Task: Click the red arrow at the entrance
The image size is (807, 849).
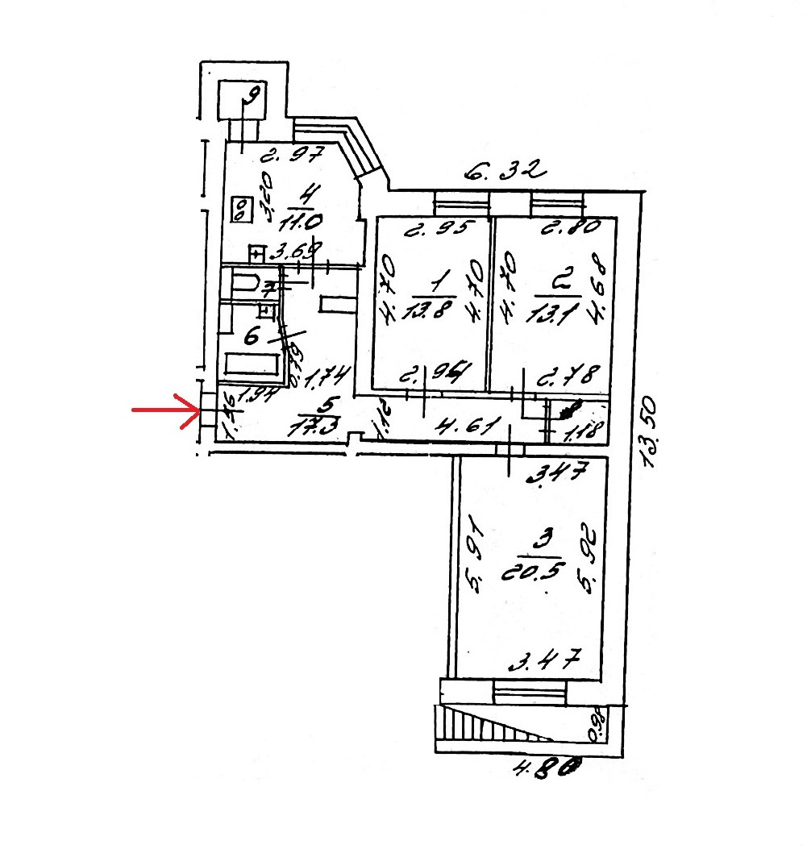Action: tap(165, 410)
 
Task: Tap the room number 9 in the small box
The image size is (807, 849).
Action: tap(252, 99)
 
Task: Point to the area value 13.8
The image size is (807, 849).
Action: tap(435, 308)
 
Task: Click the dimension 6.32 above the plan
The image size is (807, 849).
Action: tap(506, 171)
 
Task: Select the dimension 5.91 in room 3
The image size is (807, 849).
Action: tap(475, 557)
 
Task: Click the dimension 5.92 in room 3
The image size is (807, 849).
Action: tap(589, 557)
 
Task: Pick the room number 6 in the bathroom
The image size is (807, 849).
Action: tap(252, 338)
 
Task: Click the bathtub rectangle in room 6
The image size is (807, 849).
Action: tap(252, 364)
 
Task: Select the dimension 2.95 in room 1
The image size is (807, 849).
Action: tap(436, 228)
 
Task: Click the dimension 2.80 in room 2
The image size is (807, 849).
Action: tap(570, 228)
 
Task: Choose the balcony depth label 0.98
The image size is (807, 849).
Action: tap(597, 723)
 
